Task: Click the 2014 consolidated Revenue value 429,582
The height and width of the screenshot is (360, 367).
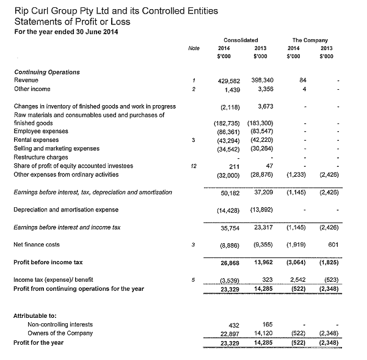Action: point(227,81)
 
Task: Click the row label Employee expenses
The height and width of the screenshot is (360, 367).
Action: point(40,131)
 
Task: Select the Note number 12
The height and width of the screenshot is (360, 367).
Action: point(193,166)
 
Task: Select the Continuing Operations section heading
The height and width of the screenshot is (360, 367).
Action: point(46,72)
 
